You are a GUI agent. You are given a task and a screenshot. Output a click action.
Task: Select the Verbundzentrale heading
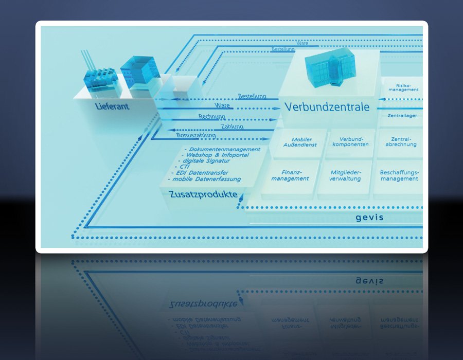click(327, 107)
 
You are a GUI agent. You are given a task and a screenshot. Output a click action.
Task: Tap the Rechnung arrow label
click(212, 117)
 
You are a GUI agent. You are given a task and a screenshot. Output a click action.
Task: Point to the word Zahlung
click(232, 127)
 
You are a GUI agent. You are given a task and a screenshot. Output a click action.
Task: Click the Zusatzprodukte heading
click(203, 195)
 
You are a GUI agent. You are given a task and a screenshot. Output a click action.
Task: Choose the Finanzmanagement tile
click(290, 175)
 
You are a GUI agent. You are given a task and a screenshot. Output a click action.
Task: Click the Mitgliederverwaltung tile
click(346, 175)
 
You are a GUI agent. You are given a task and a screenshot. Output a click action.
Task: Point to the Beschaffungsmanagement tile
click(399, 175)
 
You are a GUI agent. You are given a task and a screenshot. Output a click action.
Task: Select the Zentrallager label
click(402, 116)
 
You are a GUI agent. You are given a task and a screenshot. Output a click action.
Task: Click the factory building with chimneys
click(100, 80)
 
